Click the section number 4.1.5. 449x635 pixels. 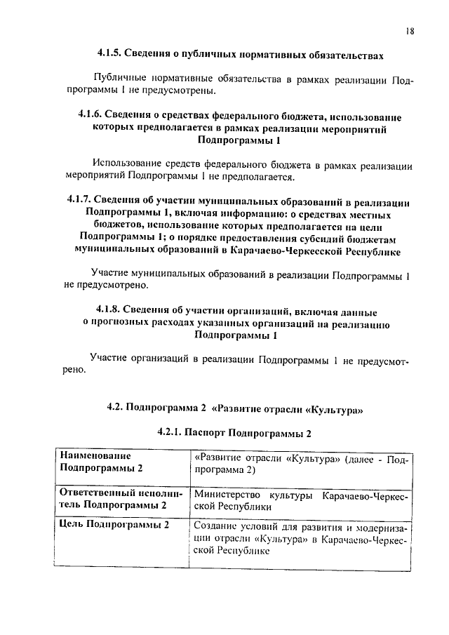[x=110, y=53]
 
